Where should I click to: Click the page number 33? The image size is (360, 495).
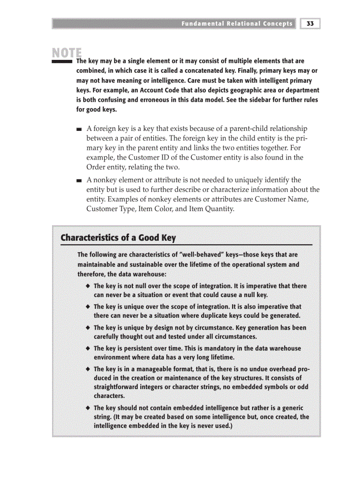click(x=310, y=24)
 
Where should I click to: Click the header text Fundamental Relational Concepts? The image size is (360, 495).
click(x=236, y=24)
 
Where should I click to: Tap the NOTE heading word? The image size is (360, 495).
click(x=67, y=53)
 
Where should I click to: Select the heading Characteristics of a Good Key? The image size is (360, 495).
click(x=118, y=238)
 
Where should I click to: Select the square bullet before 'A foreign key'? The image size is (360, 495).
click(x=79, y=130)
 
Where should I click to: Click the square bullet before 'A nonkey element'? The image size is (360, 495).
click(x=79, y=181)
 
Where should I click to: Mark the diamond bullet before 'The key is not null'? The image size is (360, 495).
click(x=89, y=286)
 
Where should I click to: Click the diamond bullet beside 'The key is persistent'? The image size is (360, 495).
click(x=89, y=348)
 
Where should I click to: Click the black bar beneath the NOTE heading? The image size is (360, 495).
click(x=62, y=62)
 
